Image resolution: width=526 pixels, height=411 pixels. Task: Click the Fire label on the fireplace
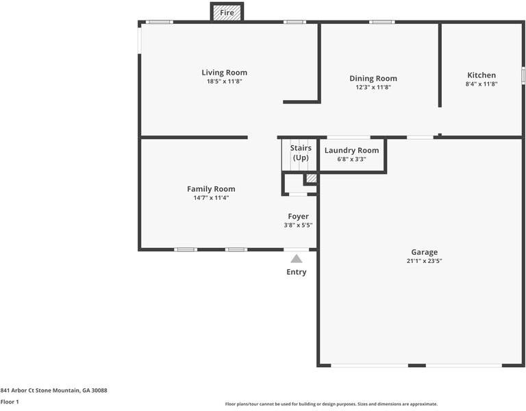[x=227, y=12]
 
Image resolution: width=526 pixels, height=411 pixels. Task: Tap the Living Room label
[x=224, y=73]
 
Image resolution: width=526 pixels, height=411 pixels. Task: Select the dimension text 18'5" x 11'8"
[x=224, y=82]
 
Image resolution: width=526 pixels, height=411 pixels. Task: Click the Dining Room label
[x=373, y=79]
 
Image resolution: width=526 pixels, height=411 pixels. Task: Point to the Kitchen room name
[x=481, y=75]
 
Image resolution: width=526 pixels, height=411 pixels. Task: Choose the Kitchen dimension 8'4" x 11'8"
[x=481, y=84]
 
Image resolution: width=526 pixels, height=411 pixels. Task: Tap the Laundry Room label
[x=351, y=151]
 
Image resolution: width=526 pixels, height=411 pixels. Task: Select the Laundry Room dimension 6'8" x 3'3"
[x=351, y=159]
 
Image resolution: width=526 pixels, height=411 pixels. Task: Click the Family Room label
[x=211, y=189]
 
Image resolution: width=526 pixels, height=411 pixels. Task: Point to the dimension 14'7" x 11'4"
[x=211, y=198]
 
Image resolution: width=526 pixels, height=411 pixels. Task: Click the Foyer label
[x=298, y=216]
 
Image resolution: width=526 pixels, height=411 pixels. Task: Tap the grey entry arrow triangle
[x=297, y=259]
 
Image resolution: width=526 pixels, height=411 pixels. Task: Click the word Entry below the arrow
[x=297, y=272]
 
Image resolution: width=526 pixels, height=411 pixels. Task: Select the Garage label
[x=424, y=252]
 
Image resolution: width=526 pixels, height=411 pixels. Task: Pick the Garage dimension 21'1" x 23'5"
[x=424, y=261]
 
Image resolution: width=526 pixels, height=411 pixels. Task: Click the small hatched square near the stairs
[x=311, y=179]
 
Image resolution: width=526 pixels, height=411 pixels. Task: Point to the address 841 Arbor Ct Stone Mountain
[x=53, y=390]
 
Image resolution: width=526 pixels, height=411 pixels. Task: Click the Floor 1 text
[x=10, y=402]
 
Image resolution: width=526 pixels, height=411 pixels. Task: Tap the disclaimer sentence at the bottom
[x=331, y=404]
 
